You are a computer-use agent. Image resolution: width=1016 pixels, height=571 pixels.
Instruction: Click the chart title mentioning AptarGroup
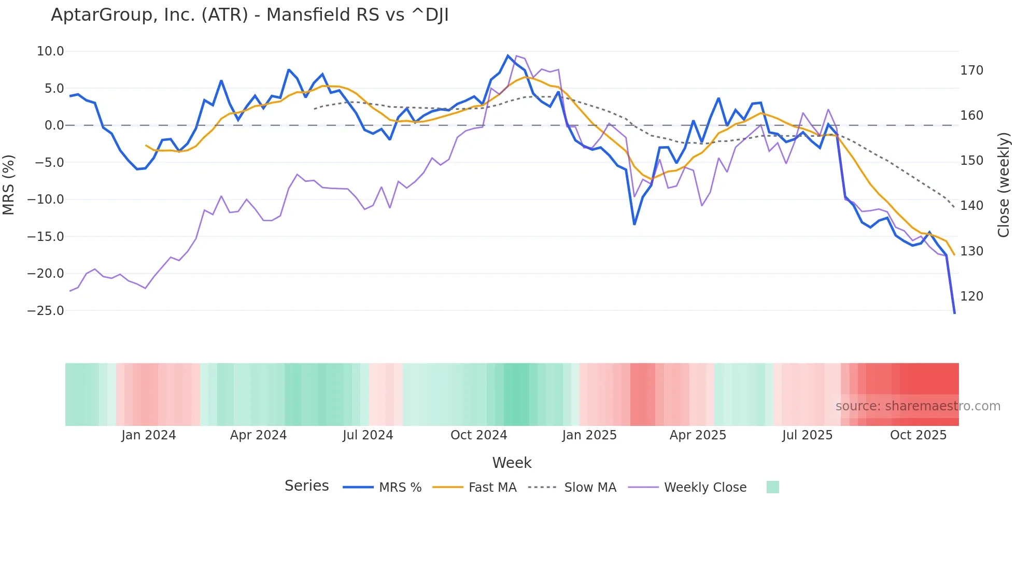click(x=249, y=15)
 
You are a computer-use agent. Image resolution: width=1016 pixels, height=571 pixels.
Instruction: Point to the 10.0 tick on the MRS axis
click(x=50, y=51)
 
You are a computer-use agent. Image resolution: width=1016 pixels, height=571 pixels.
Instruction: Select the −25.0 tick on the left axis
click(x=46, y=311)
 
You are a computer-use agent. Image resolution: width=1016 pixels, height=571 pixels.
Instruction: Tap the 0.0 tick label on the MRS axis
click(x=54, y=125)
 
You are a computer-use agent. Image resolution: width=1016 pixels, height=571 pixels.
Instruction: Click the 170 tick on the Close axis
click(x=971, y=70)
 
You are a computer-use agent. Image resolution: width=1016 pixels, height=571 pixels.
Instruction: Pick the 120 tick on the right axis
click(x=971, y=296)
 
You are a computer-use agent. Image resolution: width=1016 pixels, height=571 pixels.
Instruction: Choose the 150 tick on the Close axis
click(x=971, y=161)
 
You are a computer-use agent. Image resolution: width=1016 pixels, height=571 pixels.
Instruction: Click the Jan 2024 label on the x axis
click(x=149, y=435)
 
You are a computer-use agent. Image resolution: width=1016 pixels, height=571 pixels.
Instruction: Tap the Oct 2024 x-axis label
click(x=478, y=435)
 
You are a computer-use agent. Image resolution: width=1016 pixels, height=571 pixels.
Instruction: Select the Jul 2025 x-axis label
click(x=807, y=435)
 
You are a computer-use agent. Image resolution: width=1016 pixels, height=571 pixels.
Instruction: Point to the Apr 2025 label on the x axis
click(x=698, y=435)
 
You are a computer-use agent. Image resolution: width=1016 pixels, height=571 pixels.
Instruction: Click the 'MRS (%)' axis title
click(x=9, y=184)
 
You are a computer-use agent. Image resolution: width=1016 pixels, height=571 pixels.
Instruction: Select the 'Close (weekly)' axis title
click(x=1004, y=184)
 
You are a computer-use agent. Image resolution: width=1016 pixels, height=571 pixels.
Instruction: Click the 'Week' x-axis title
click(x=512, y=463)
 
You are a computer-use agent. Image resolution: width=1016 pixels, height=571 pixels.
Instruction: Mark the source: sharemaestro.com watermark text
click(x=918, y=406)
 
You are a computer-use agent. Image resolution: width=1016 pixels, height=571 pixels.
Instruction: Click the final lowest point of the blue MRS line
click(x=954, y=313)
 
